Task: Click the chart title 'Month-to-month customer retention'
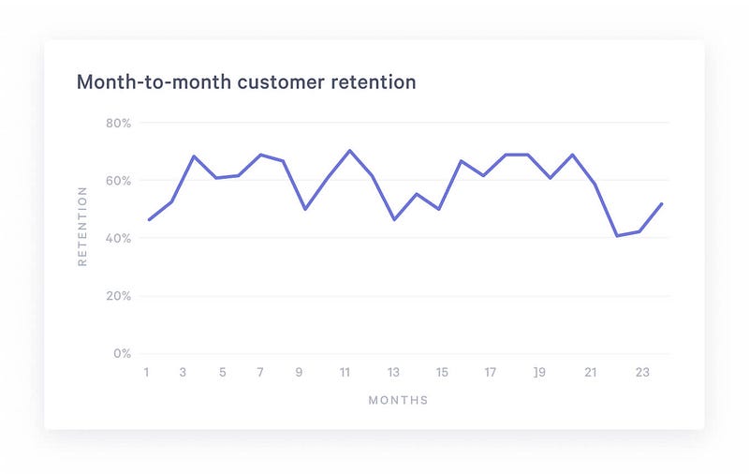[246, 82]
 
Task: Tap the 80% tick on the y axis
[119, 123]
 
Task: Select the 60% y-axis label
[119, 181]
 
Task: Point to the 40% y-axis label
[119, 239]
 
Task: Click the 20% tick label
[119, 296]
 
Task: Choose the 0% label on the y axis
[122, 354]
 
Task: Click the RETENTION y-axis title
[82, 226]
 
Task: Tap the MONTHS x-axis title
[398, 401]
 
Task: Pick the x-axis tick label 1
[147, 373]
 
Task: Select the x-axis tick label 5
[223, 373]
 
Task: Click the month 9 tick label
[300, 373]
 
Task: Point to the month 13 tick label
[394, 373]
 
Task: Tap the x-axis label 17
[490, 373]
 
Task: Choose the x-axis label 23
[641, 373]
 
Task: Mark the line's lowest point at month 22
[617, 235]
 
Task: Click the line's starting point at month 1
[149, 220]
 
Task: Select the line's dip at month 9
[305, 209]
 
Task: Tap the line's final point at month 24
[663, 203]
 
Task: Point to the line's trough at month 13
[394, 219]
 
